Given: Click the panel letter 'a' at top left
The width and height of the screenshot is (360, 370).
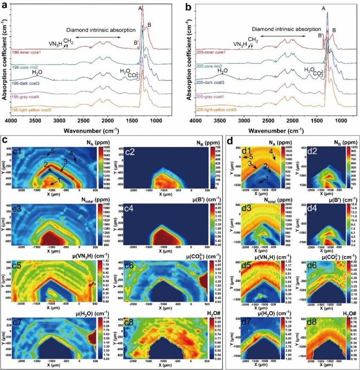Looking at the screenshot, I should (6, 6).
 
